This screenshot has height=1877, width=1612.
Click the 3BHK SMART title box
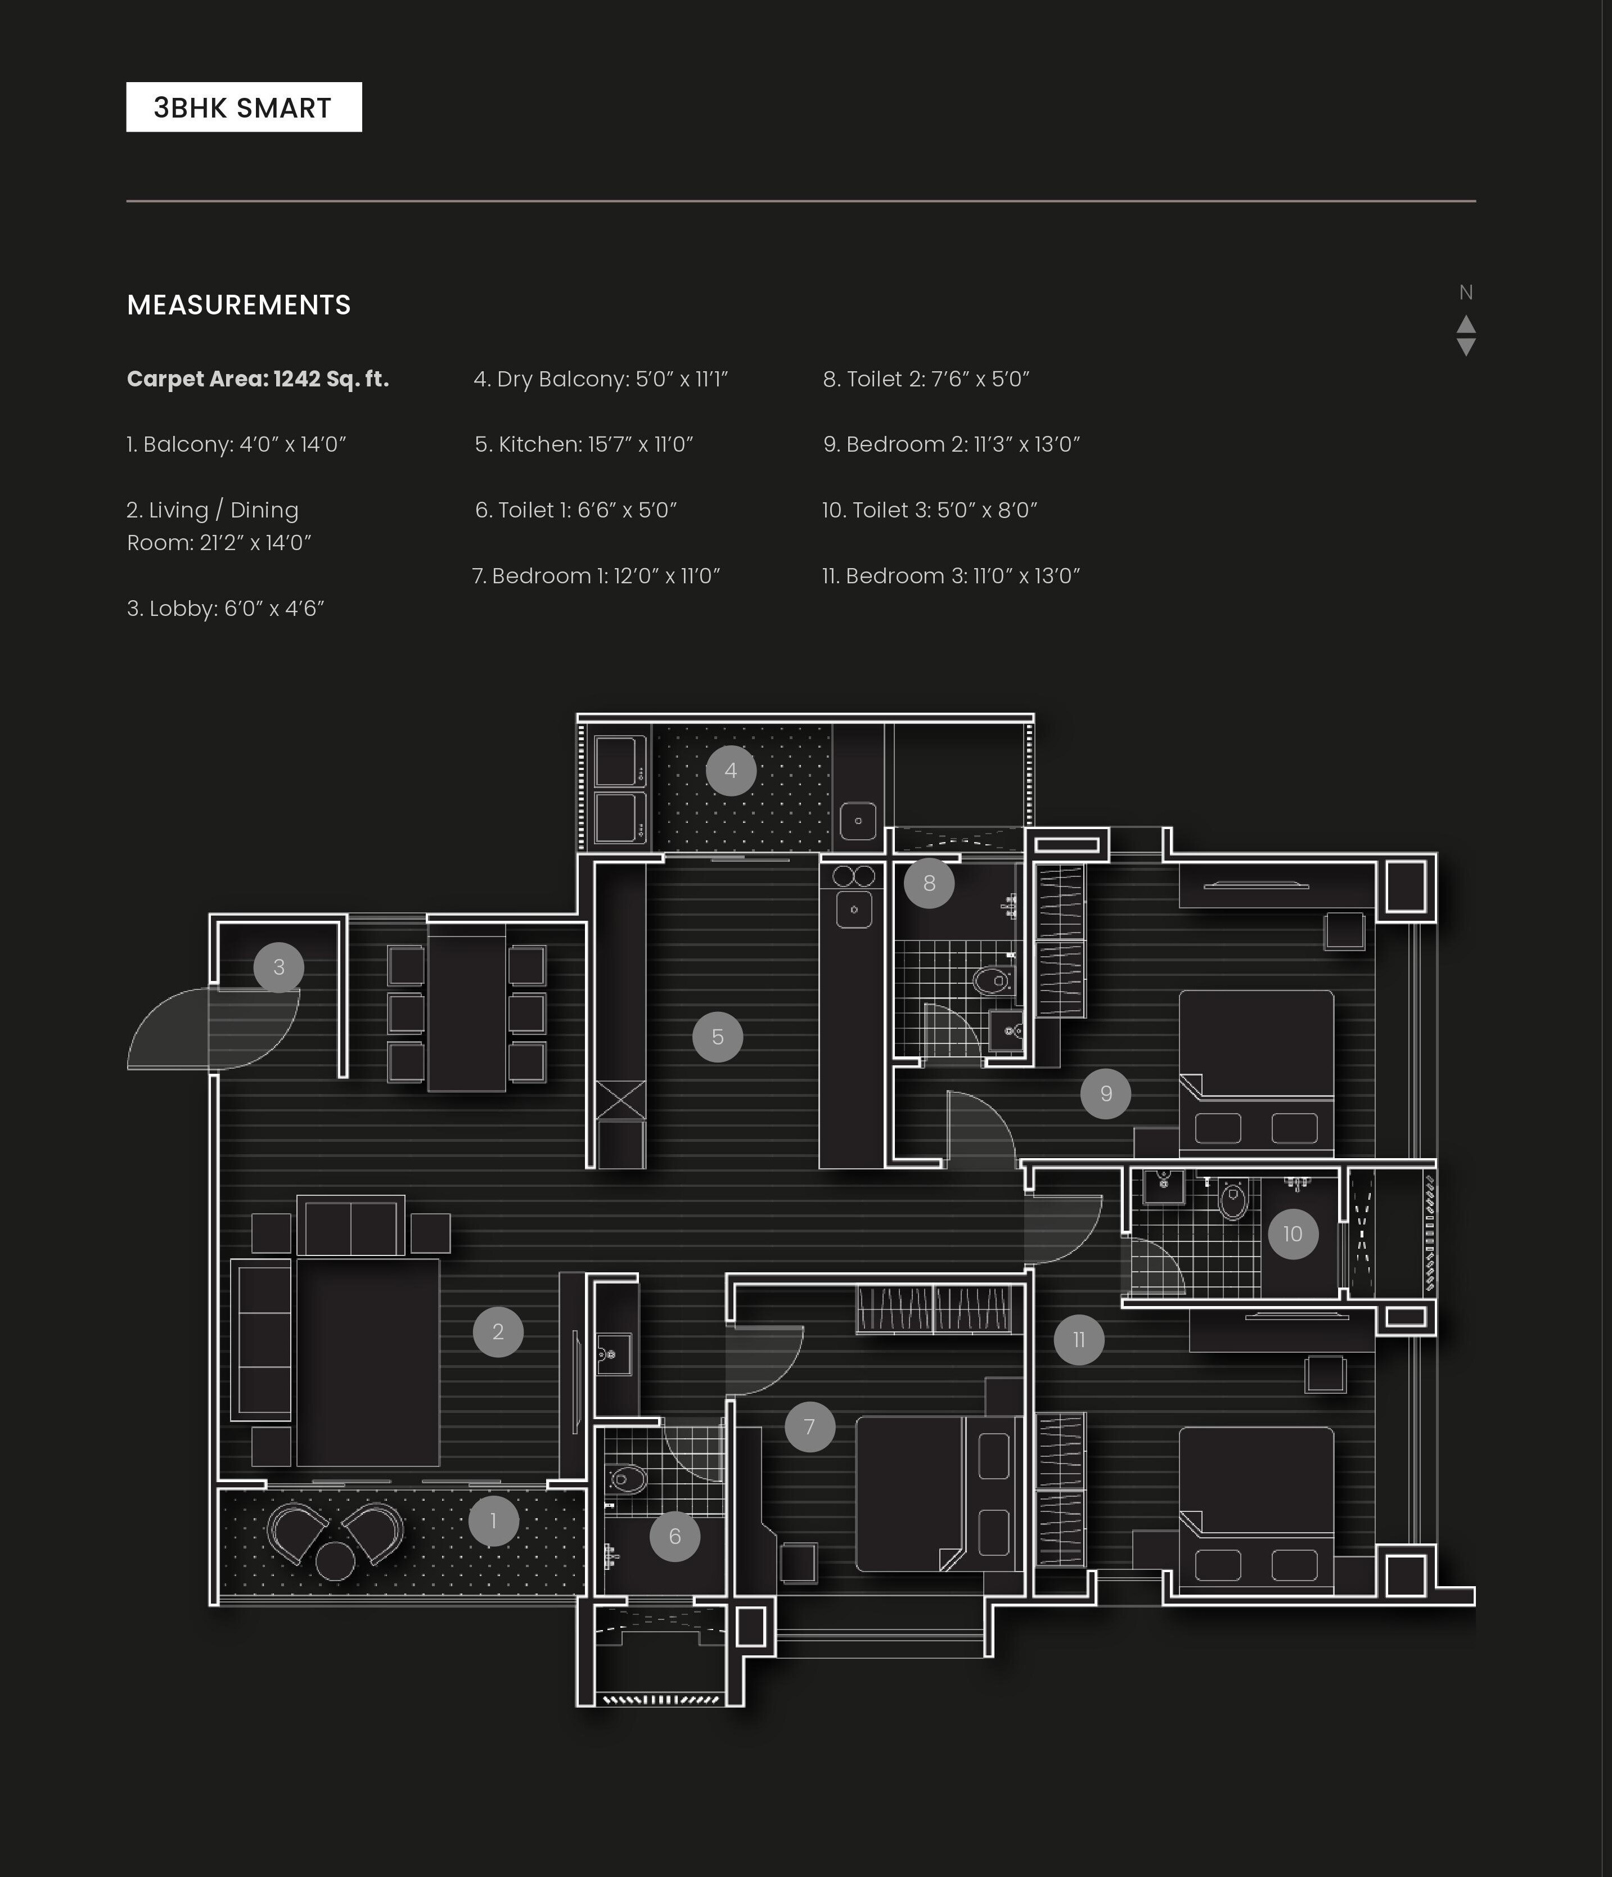pyautogui.click(x=244, y=107)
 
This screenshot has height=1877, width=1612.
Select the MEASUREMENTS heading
pyautogui.click(x=238, y=305)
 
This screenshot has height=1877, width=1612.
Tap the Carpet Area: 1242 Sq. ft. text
pyautogui.click(x=257, y=379)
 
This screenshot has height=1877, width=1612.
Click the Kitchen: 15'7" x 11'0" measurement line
pyautogui.click(x=583, y=444)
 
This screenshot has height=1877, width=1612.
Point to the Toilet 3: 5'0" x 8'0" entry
pyautogui.click(x=929, y=510)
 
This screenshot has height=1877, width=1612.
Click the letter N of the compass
pyautogui.click(x=1465, y=292)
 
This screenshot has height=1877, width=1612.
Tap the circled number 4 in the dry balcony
pyautogui.click(x=731, y=771)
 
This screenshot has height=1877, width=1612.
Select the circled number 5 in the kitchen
pyautogui.click(x=717, y=1037)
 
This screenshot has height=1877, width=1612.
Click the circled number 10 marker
pyautogui.click(x=1293, y=1234)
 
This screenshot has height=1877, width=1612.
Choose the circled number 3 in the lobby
pyautogui.click(x=278, y=967)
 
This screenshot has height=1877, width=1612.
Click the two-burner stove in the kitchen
pyautogui.click(x=853, y=876)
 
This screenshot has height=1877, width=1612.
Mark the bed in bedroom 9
pyautogui.click(x=1255, y=1069)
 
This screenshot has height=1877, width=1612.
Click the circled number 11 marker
pyautogui.click(x=1079, y=1340)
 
